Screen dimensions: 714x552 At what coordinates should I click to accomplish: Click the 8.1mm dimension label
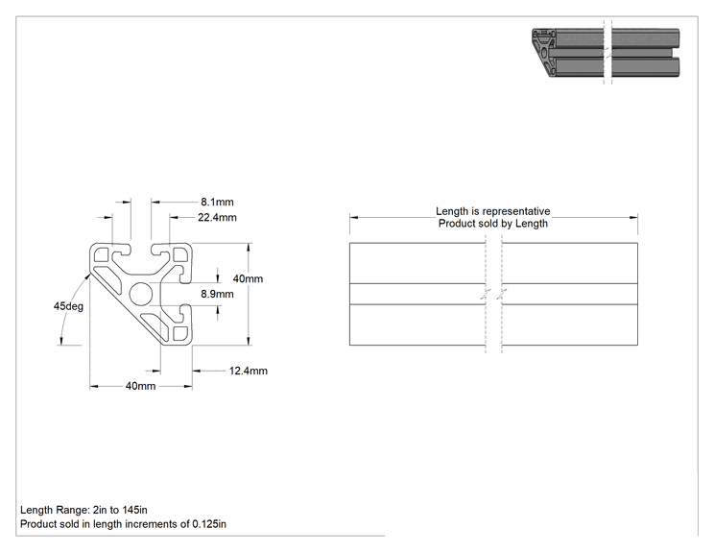click(217, 202)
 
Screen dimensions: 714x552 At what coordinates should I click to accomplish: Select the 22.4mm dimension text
click(217, 217)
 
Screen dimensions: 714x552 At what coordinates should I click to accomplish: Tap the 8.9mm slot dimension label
click(217, 294)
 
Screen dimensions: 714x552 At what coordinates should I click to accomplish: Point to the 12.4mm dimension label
click(249, 371)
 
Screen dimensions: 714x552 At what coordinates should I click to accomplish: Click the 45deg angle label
click(68, 306)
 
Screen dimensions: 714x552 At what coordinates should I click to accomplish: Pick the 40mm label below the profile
click(141, 386)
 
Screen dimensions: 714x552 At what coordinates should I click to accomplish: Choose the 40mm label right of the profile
click(248, 278)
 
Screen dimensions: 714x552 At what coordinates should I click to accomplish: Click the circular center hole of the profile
click(141, 294)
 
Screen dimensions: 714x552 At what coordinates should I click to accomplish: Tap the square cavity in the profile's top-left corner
click(101, 254)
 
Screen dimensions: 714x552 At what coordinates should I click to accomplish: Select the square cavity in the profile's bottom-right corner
click(181, 334)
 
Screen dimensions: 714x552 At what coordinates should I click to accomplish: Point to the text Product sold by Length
click(493, 224)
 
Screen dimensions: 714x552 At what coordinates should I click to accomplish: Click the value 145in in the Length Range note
click(134, 510)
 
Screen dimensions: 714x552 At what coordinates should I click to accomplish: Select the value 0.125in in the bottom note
click(209, 524)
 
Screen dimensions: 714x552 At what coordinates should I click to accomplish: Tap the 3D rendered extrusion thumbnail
click(606, 53)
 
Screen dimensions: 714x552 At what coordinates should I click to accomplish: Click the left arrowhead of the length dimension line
click(354, 217)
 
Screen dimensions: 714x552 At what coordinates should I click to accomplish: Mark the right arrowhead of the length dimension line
click(633, 217)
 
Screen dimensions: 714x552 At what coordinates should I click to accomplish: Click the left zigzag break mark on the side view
click(486, 294)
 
